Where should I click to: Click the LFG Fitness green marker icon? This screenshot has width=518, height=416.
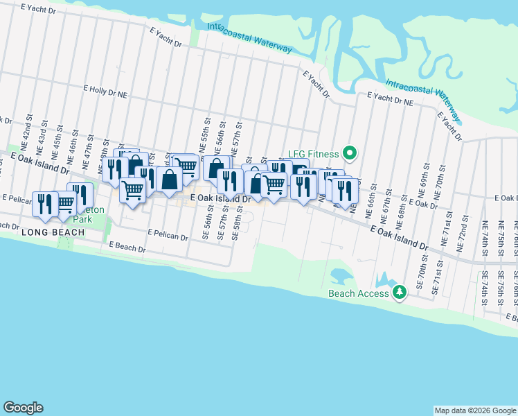(x=350, y=153)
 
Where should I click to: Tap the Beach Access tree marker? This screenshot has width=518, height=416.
(x=399, y=293)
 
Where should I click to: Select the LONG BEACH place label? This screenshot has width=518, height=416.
(x=48, y=232)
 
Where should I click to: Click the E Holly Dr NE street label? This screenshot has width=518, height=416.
(x=106, y=89)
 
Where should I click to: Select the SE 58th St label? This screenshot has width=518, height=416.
(x=237, y=224)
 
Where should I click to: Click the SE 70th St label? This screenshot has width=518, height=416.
(x=421, y=271)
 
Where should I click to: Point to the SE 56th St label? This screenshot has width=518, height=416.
(x=206, y=225)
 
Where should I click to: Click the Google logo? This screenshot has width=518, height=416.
(x=23, y=408)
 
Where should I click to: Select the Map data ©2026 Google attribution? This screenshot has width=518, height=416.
(x=475, y=410)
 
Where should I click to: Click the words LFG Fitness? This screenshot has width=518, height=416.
(x=314, y=154)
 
